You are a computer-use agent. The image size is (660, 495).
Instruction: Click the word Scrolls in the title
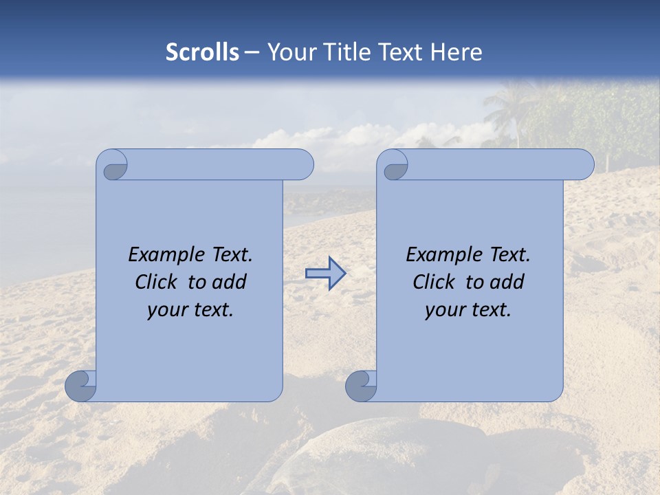(202, 52)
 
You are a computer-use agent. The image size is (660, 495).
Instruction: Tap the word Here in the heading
(456, 52)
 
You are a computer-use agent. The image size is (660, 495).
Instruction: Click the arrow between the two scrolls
(325, 273)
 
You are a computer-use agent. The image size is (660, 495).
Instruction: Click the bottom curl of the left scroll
(80, 386)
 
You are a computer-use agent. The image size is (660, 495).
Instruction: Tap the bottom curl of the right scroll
(361, 386)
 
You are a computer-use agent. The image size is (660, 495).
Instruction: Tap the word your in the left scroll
(166, 310)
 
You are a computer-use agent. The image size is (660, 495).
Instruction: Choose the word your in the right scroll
(444, 310)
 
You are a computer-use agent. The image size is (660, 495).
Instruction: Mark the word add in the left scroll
(230, 282)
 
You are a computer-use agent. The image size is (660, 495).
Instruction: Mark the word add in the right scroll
(508, 282)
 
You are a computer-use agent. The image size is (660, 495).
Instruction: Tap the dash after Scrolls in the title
(251, 53)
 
